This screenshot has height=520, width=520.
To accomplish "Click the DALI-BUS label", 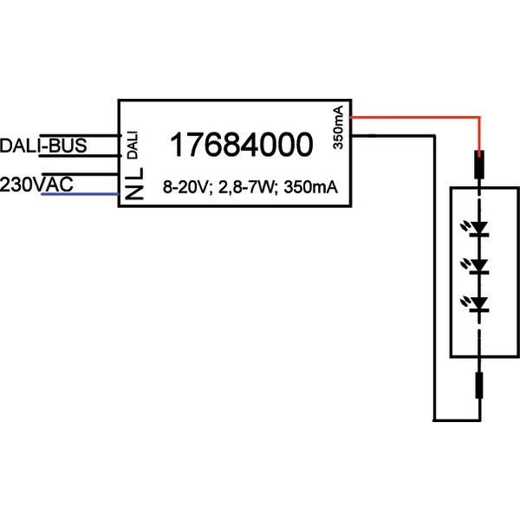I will click(x=43, y=146).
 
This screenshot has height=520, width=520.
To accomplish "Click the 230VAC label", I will click(x=36, y=184).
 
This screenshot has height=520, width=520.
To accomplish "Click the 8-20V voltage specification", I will click(x=185, y=187).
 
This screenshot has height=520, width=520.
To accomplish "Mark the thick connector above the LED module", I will click(x=478, y=165).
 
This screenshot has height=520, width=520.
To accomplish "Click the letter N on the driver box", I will click(x=132, y=194).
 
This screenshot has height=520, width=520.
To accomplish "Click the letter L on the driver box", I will click(x=132, y=178).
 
